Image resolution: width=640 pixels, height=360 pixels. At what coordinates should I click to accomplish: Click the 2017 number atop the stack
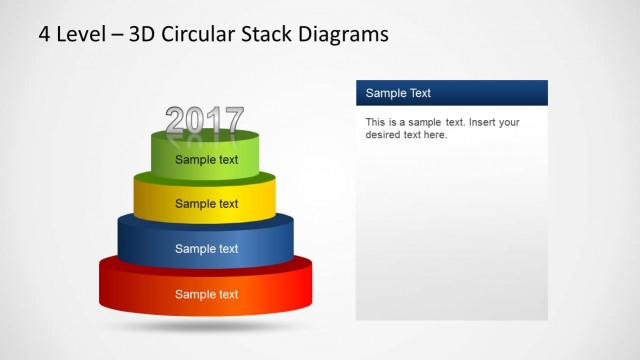click(x=204, y=121)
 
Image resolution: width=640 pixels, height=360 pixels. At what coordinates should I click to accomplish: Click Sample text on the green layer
click(x=207, y=159)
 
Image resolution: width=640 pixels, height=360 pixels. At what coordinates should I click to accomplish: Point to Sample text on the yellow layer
click(x=207, y=204)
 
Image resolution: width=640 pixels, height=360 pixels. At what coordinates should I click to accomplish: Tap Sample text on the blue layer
click(x=207, y=249)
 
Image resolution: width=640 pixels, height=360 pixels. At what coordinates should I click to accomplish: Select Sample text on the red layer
click(x=207, y=294)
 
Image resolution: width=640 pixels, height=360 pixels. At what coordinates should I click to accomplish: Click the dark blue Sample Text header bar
click(x=452, y=93)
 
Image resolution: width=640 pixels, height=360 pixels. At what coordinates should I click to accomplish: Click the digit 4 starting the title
click(x=44, y=35)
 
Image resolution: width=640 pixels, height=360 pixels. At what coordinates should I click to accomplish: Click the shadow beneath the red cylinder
click(x=205, y=325)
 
